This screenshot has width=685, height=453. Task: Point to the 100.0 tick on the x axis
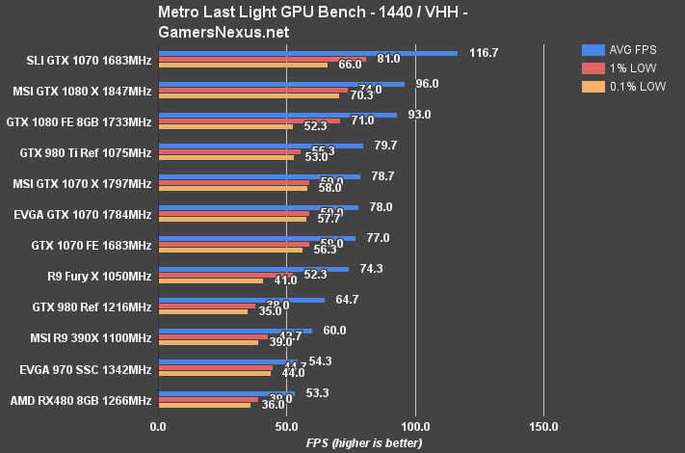click(415, 426)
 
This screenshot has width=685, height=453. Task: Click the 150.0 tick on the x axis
click(543, 426)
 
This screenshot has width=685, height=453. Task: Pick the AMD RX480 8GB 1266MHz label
click(81, 400)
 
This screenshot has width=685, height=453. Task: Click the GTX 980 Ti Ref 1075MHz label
click(86, 153)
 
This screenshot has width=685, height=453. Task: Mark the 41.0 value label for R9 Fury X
click(285, 280)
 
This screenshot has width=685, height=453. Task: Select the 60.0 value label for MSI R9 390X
click(334, 331)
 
